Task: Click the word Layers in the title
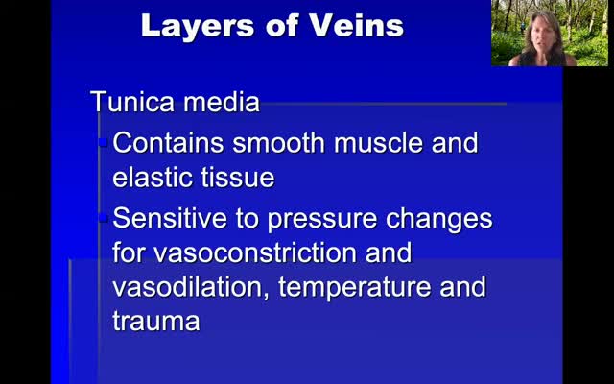[199, 26]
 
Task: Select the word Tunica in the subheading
[132, 102]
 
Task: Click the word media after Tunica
[222, 102]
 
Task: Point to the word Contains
[168, 142]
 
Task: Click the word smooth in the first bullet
[278, 142]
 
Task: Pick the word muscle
[378, 142]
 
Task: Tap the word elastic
[153, 178]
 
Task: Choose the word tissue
[238, 178]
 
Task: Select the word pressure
[322, 221]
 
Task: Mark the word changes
[439, 220]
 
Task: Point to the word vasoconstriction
[254, 252]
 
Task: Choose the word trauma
[156, 323]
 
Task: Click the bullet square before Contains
[104, 142]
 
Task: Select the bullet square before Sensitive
[104, 218]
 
